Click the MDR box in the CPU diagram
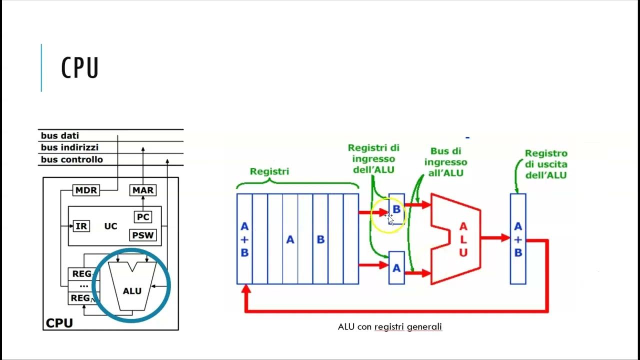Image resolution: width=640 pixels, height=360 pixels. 86,190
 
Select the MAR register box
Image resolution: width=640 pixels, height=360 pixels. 143,190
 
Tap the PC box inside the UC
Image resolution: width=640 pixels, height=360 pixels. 143,217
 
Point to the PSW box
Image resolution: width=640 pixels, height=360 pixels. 143,235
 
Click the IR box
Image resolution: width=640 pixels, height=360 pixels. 81,226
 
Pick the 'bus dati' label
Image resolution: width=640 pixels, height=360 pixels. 59,135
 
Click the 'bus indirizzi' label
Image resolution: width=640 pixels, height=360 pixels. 69,147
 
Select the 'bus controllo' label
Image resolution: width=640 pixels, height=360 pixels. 71,159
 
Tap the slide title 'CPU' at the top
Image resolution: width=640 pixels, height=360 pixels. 79,67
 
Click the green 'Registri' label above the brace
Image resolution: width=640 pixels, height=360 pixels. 269,171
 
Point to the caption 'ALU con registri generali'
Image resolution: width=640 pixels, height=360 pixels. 389,327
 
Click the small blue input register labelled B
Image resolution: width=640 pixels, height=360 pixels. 396,209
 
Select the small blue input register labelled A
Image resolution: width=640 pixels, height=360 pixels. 396,267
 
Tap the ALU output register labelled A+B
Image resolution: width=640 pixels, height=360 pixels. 518,239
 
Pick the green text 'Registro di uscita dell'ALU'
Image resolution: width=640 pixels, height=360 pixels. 546,164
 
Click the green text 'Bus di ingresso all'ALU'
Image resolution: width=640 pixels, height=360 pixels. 445,162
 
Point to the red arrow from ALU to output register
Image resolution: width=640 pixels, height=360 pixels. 495,237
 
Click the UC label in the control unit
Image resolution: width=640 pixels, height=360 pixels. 111,226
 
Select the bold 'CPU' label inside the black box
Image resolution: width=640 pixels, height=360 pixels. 59,323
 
